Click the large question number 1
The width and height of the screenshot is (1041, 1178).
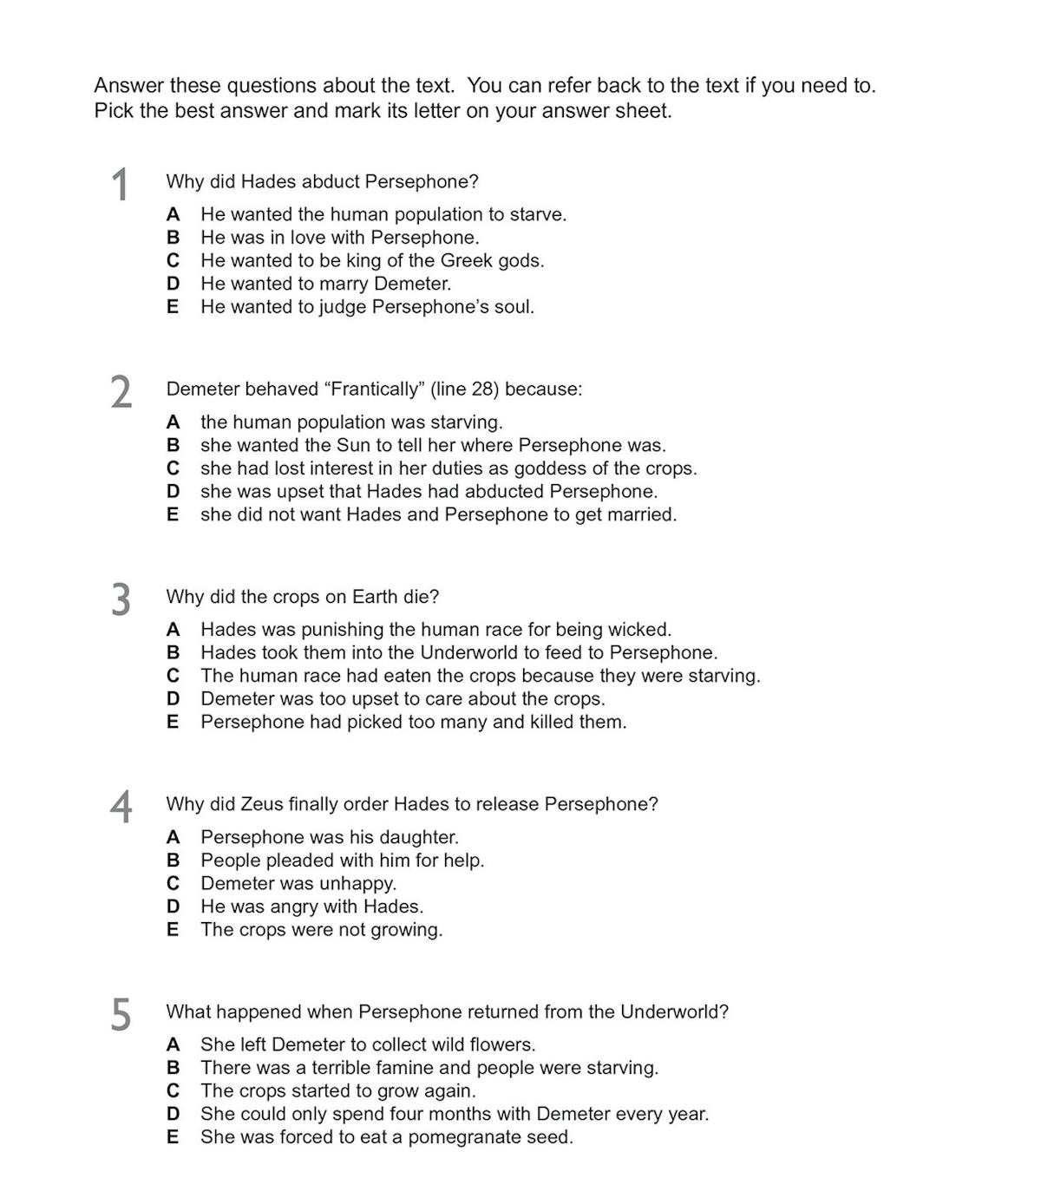[x=121, y=185]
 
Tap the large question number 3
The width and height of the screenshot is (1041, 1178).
[x=121, y=599]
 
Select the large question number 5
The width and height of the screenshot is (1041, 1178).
[x=121, y=1014]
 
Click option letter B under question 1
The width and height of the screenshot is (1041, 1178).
[x=173, y=238]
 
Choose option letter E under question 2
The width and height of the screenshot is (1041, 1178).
[x=173, y=514]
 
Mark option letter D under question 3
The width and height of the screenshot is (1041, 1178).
[x=173, y=699]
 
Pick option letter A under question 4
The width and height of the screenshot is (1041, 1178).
[x=173, y=837]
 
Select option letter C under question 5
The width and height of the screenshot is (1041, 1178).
[x=173, y=1091]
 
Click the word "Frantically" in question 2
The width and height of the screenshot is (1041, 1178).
[x=374, y=389]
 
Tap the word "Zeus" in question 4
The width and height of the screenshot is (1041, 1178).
[x=261, y=804]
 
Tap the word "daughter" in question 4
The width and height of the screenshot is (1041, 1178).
[x=420, y=837]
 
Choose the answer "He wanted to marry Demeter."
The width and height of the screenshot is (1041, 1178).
[x=325, y=284]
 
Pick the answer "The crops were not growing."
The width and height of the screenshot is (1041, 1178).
[x=321, y=930]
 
